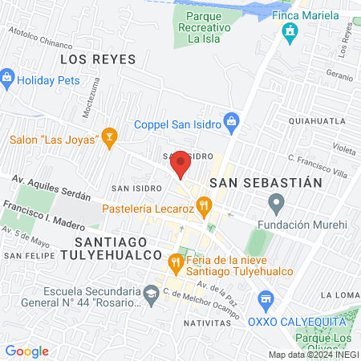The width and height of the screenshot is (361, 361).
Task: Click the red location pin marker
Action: coord(181,164)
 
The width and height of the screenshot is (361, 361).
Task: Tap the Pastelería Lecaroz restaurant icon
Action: coord(205,206)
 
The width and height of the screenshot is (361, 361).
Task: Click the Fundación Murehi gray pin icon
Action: coord(277,202)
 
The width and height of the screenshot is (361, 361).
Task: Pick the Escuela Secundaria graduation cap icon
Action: coord(151,295)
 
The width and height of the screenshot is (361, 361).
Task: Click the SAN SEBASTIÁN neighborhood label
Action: coord(266,182)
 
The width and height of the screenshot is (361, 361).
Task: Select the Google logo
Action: coord(26,351)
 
